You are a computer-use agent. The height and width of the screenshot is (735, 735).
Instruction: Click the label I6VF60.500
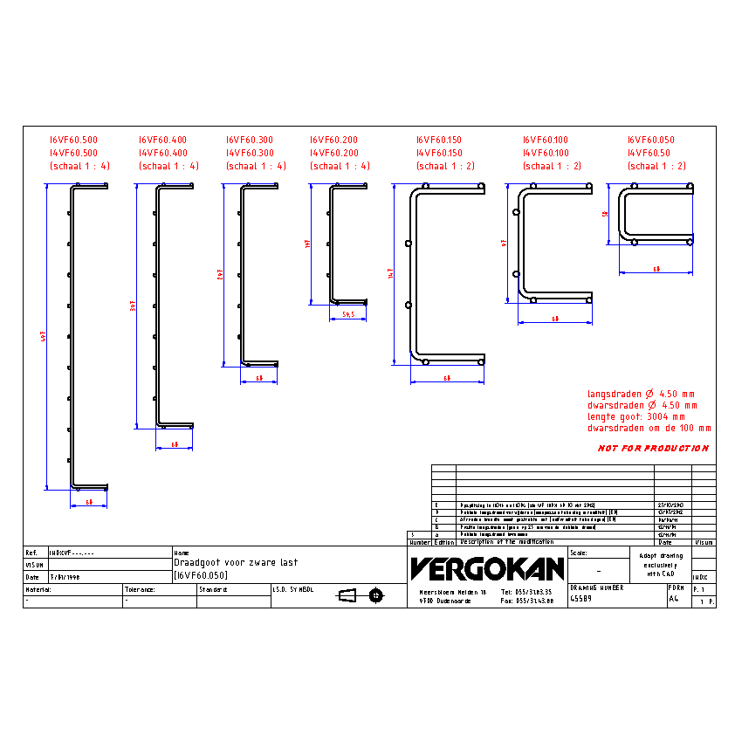pos(73,140)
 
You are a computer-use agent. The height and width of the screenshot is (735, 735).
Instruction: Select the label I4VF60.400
pos(162,153)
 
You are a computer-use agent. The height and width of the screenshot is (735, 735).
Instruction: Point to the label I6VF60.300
pos(249,140)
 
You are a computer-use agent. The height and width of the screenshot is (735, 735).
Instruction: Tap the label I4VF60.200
pos(333,153)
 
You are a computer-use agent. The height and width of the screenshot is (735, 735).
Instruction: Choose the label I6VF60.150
pos(438,140)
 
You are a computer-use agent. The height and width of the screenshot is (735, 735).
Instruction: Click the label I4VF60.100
pos(546,153)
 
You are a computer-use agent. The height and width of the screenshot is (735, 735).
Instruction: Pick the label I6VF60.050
pos(650,140)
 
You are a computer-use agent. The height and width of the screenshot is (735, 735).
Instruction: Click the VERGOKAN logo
pos(486,569)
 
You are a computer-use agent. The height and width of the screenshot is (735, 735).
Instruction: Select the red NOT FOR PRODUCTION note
pos(653,449)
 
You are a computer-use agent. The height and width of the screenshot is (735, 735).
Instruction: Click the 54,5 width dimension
pos(347,314)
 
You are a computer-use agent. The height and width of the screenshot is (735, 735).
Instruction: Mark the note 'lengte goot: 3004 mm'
pos(636,416)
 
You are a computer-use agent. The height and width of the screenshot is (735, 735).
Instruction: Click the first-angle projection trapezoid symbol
pos(347,595)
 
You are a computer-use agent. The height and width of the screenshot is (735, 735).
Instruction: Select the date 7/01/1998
pos(64,576)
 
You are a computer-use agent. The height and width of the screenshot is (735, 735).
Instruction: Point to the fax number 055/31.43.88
pos(528,601)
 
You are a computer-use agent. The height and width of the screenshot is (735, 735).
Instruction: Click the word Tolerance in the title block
pos(140,589)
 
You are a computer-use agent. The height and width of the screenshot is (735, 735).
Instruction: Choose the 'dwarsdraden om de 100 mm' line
pos(649,429)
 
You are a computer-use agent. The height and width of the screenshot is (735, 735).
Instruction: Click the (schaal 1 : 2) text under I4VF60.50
pos(656,166)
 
